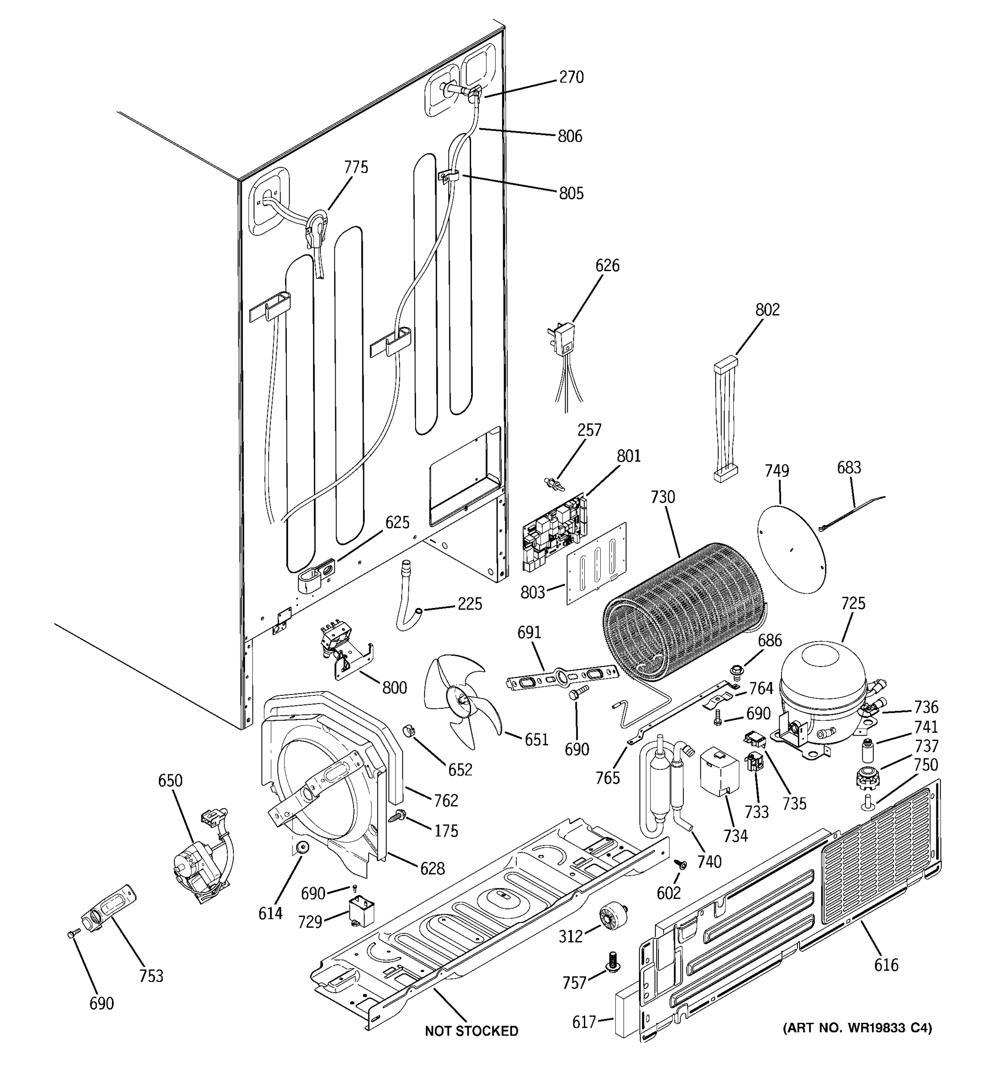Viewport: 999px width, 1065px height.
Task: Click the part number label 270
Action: point(571,78)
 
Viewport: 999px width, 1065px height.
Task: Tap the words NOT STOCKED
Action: point(471,1031)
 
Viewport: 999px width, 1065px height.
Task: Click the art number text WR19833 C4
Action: point(857,1027)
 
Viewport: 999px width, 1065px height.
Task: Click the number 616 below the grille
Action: point(886,965)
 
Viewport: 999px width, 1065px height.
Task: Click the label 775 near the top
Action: point(356,168)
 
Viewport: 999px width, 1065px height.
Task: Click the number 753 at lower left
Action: point(151,976)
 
